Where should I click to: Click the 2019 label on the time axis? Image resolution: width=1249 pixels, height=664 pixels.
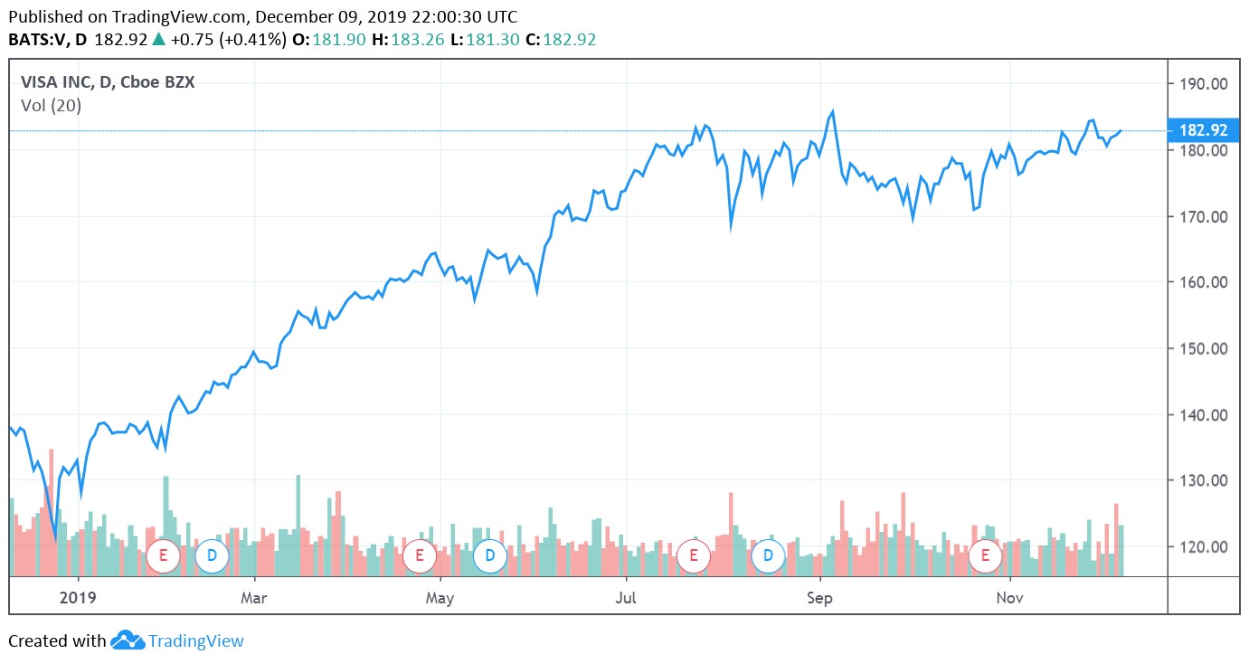click(78, 598)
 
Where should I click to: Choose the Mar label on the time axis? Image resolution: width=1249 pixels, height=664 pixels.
click(254, 598)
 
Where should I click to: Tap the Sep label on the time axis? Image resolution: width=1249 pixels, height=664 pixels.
click(819, 598)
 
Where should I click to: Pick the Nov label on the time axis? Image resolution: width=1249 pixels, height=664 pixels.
click(1009, 598)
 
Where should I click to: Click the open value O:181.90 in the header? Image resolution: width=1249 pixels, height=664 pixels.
click(339, 40)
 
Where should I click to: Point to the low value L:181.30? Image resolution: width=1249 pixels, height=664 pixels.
click(498, 40)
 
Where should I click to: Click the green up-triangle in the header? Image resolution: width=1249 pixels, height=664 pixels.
click(158, 40)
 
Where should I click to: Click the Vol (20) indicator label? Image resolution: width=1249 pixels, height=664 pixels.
click(51, 106)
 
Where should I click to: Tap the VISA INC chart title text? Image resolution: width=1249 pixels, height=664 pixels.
click(108, 82)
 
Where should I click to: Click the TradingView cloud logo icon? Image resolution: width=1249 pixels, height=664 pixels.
click(128, 640)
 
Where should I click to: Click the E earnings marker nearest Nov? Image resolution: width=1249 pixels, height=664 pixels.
click(984, 555)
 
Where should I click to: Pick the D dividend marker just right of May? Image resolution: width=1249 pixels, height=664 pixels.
click(489, 555)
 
